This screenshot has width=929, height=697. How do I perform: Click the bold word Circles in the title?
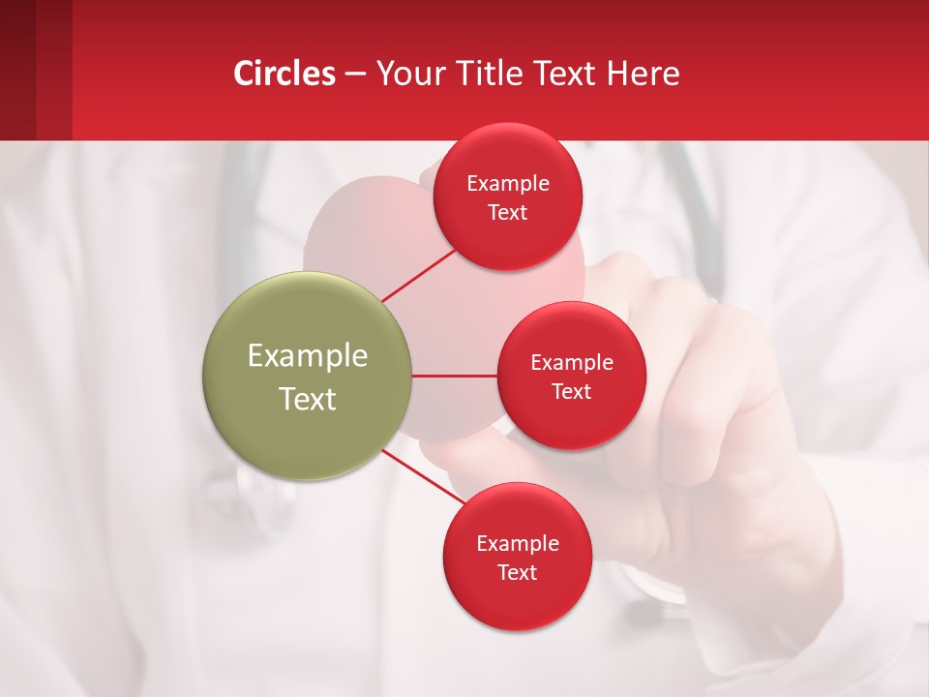point(285,73)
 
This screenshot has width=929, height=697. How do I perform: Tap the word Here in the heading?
point(643,73)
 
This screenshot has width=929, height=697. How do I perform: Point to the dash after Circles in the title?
point(355,74)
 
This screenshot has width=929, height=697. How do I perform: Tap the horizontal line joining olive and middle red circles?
point(455,376)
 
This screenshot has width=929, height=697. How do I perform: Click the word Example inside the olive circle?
point(308,356)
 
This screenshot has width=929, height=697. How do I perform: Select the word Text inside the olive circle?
point(308,399)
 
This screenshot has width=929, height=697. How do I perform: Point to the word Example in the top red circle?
point(508,183)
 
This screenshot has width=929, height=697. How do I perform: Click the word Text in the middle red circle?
point(572,391)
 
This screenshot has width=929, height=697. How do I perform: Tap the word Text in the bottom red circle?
point(518,572)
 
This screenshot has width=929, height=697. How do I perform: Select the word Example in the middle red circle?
point(572,362)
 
